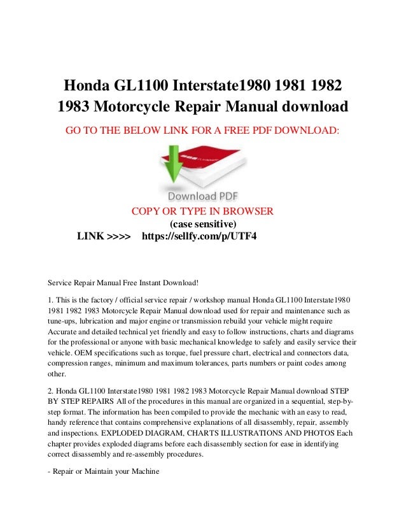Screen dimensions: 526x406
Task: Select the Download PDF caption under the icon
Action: point(202,195)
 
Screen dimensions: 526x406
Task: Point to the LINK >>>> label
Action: point(104,237)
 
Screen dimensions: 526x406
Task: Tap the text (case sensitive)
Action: point(202,224)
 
